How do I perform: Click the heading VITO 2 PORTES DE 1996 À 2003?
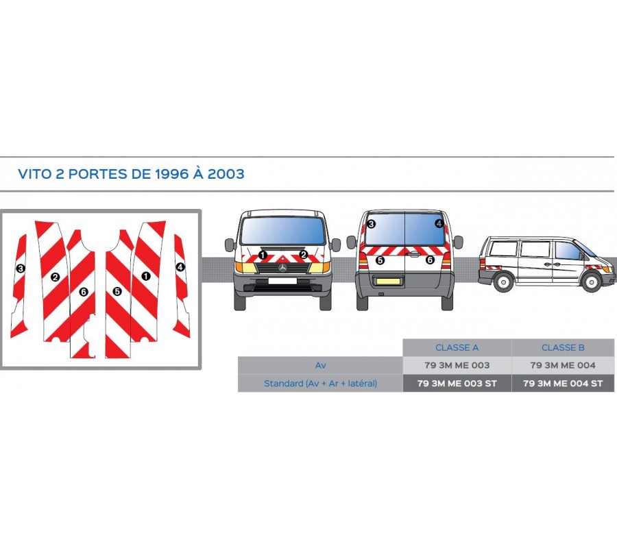(x=131, y=174)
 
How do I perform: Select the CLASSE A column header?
(x=457, y=347)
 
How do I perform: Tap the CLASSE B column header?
(x=563, y=347)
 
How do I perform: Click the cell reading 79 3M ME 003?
(x=457, y=365)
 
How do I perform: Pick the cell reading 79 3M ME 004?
(x=563, y=365)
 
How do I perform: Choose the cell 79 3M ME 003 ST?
(x=457, y=384)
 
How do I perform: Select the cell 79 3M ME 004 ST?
(x=563, y=384)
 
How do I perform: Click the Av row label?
(x=320, y=365)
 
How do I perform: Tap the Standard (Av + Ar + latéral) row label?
(x=320, y=384)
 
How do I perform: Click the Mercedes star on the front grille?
(x=282, y=268)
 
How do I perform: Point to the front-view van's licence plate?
(x=282, y=281)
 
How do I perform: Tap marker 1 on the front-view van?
(x=263, y=255)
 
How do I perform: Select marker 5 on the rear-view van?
(x=380, y=260)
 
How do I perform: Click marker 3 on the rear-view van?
(x=371, y=225)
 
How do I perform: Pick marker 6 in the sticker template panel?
(x=84, y=292)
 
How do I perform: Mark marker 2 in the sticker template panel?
(x=55, y=277)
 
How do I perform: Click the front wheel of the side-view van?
(x=592, y=282)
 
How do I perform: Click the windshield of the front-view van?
(x=282, y=230)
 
